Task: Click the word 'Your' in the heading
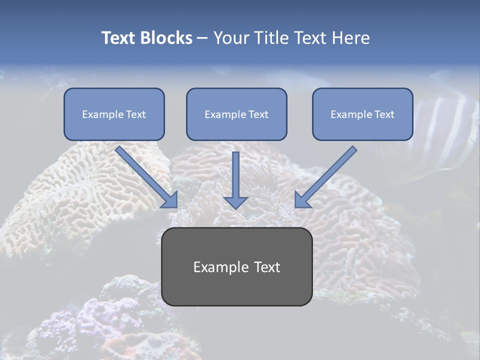click(230, 38)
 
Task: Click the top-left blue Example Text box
click(114, 114)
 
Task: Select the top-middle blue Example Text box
click(236, 114)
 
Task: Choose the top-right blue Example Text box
click(362, 114)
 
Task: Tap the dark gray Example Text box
click(236, 266)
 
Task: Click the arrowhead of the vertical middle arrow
click(236, 201)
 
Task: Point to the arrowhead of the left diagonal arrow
click(170, 199)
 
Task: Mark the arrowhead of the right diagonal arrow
click(302, 199)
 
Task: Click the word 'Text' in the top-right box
click(384, 114)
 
